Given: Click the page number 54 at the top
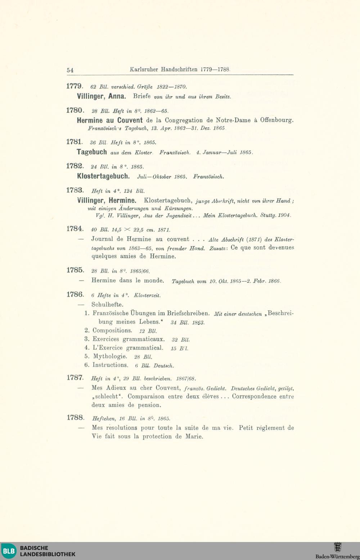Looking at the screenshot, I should coord(70,70).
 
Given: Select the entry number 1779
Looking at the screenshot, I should coord(75,86).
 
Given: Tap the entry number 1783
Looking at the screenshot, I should coord(75,190).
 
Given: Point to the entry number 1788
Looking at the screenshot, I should coord(75,418).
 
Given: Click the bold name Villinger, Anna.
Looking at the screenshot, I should coord(101,96).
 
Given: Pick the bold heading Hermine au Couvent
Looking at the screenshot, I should coord(110,120).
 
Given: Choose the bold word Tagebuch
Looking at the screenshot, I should coord(92,152).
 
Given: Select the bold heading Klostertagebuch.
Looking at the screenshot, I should coord(103,176).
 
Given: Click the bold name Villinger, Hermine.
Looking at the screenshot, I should coord(107,200).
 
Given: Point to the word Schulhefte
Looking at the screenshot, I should coord(107,304).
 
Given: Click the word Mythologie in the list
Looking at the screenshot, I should coord(110,357).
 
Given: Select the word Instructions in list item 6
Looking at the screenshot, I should coord(110,365).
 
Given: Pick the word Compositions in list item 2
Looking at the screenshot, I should coord(112,330).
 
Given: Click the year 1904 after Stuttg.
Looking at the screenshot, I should coord(284,216).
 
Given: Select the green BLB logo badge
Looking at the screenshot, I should coord(9,551).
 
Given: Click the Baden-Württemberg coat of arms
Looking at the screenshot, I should coord(338,548).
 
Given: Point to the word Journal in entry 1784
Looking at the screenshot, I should coord(102,239).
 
